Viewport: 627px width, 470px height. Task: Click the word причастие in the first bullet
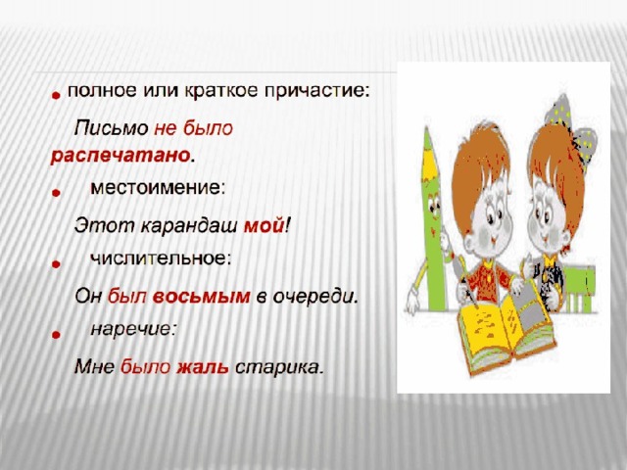(x=316, y=92)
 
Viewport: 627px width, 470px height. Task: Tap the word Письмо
(x=112, y=128)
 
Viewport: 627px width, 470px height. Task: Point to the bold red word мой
(x=264, y=226)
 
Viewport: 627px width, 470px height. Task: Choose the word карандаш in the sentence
(x=189, y=226)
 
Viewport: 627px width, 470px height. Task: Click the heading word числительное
(x=161, y=258)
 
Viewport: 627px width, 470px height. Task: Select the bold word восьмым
(x=202, y=297)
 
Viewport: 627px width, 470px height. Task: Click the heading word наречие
(x=133, y=329)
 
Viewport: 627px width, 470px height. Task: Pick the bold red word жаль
(x=203, y=367)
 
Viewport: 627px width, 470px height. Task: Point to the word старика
(x=278, y=368)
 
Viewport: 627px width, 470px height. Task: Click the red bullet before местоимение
(x=56, y=193)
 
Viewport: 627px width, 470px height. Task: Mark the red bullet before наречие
(x=56, y=335)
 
